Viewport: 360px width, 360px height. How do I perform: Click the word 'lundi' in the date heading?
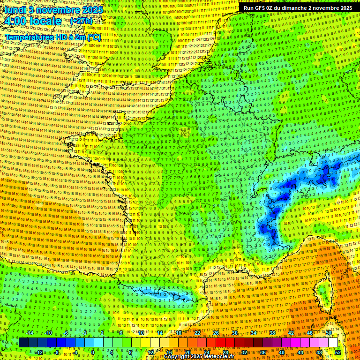(x=15, y=9)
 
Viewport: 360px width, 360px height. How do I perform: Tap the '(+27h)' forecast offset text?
(x=81, y=21)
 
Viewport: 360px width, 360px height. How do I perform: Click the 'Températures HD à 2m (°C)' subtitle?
(x=52, y=37)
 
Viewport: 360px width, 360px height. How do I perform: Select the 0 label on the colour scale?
(x=93, y=352)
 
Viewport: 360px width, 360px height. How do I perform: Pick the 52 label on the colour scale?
(x=337, y=352)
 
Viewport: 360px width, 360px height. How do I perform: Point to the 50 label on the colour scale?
(x=328, y=333)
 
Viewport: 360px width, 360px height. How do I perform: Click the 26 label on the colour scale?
(x=216, y=333)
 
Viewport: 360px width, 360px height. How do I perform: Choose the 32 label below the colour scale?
(x=244, y=352)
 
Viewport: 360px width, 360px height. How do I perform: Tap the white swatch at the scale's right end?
(x=333, y=343)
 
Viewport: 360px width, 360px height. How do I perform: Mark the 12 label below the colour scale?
(x=150, y=352)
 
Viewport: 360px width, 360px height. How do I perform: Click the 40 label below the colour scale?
(x=281, y=352)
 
